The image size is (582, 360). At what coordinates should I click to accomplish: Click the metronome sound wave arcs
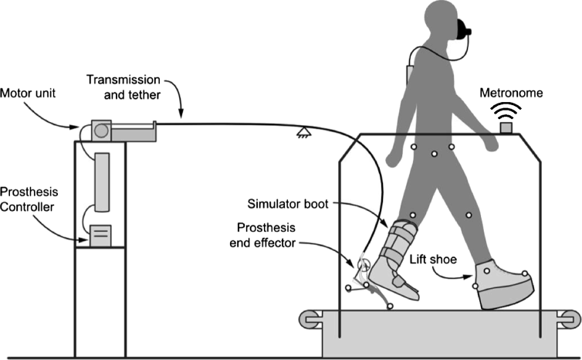(507, 110)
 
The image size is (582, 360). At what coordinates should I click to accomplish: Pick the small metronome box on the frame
(507, 127)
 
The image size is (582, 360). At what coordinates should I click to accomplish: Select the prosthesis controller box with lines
(100, 235)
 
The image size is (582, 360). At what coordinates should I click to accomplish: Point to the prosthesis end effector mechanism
(365, 282)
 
